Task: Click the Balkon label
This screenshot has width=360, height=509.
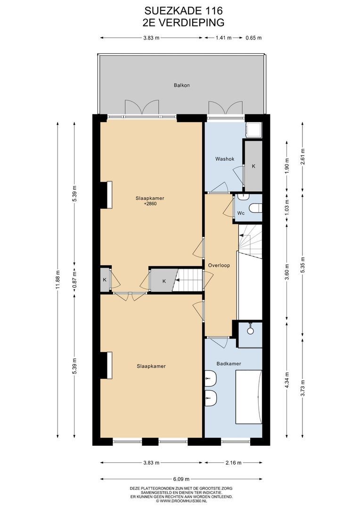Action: click(181, 85)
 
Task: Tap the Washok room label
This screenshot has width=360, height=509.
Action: click(225, 159)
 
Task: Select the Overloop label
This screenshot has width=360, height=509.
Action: click(219, 265)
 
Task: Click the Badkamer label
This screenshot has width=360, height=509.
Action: click(229, 363)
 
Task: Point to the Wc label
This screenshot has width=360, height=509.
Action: click(241, 213)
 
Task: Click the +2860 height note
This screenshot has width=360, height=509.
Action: click(150, 204)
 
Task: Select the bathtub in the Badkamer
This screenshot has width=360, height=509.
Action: click(248, 397)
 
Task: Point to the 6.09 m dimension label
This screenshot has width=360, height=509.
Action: click(181, 479)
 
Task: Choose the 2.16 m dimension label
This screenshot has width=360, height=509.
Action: click(233, 463)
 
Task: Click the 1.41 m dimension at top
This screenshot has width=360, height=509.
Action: click(224, 38)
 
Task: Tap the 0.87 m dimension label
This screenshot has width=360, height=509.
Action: click(74, 279)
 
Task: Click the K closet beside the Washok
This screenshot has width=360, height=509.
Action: click(254, 166)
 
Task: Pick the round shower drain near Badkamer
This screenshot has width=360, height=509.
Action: click(250, 331)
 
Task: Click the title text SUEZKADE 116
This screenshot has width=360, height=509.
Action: click(184, 11)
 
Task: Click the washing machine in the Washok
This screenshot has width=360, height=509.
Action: click(254, 131)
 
